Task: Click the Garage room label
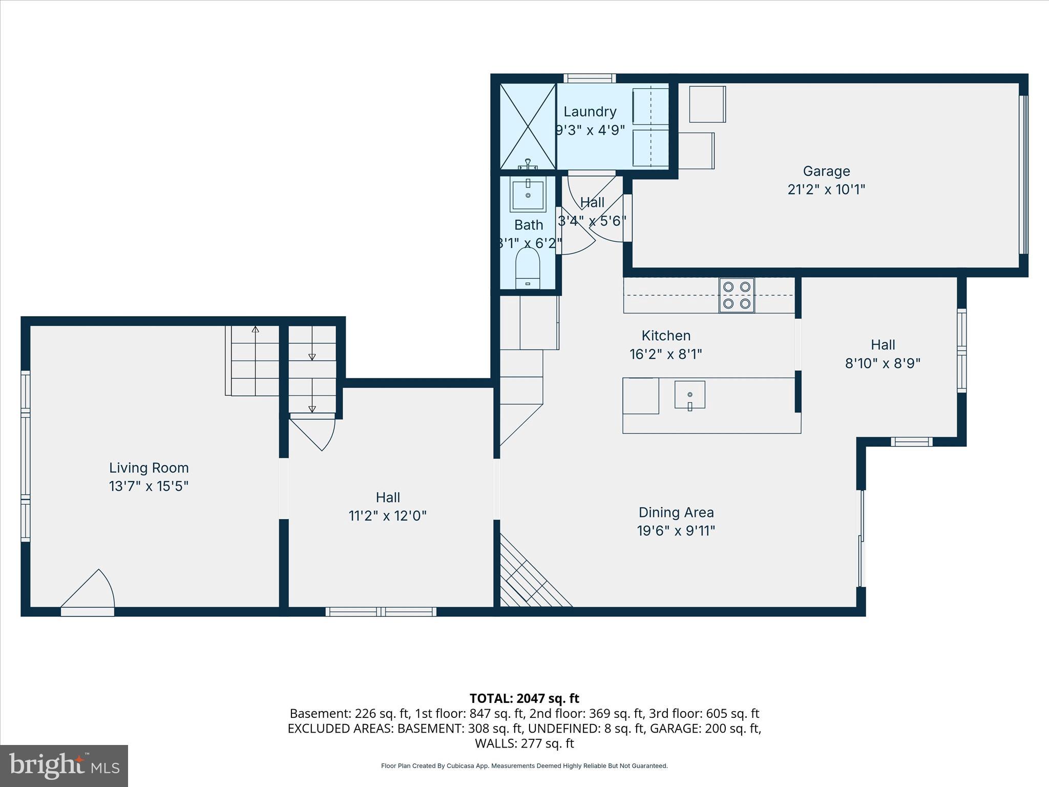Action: click(x=826, y=171)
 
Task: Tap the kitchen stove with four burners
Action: click(x=736, y=295)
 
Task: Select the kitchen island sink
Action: click(x=689, y=395)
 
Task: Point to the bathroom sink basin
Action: click(x=528, y=194)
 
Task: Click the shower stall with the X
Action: click(x=528, y=127)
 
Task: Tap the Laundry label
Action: click(x=590, y=112)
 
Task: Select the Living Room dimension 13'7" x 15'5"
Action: click(x=149, y=486)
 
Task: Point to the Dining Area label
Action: click(x=676, y=512)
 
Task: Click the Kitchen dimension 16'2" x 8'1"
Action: click(x=665, y=354)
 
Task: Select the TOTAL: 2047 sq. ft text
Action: click(x=524, y=698)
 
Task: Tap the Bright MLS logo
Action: click(x=64, y=765)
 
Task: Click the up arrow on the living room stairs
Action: click(x=255, y=329)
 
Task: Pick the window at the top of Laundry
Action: click(x=590, y=78)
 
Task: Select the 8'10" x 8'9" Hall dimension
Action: click(x=882, y=363)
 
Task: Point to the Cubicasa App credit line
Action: click(x=524, y=766)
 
